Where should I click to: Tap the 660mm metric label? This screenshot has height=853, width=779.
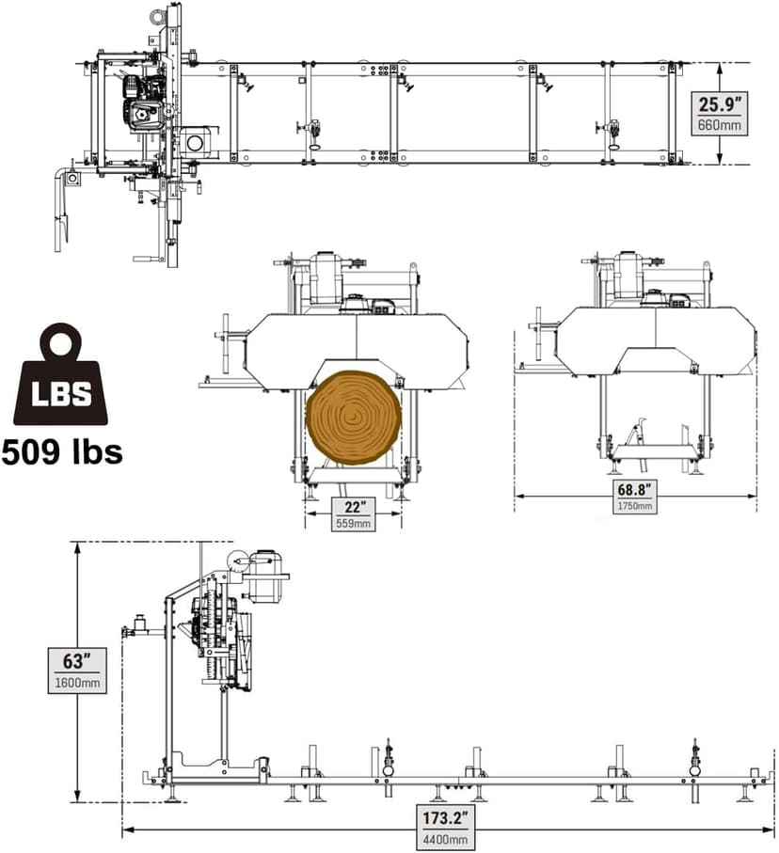720,124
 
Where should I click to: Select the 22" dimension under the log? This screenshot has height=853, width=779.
354,507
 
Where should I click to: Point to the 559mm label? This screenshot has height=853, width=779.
354,523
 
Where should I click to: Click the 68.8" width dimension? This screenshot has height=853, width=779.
636,490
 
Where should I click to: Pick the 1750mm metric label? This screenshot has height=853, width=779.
636,506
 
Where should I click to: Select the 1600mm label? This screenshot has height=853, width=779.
76,683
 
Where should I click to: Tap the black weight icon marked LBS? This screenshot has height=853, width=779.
60,376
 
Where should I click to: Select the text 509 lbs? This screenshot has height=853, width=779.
62,451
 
